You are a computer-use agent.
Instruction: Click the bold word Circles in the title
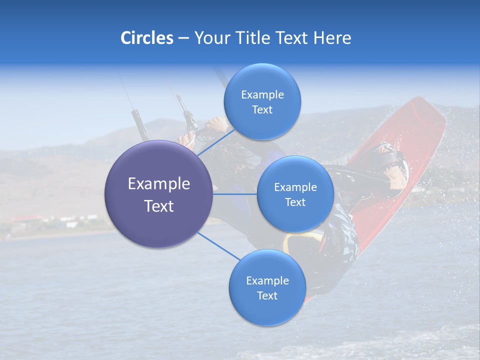[x=146, y=37]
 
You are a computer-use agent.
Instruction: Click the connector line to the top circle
[x=216, y=142]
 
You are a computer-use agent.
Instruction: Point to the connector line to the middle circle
[x=235, y=194]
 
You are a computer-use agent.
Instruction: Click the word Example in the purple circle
[x=159, y=183]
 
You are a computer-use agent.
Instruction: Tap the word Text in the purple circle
[x=159, y=205]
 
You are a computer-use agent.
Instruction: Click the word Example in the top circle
[x=262, y=94]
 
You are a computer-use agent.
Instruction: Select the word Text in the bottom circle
[x=267, y=295]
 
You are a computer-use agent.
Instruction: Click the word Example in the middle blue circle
[x=295, y=187]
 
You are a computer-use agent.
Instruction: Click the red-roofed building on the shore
[x=25, y=219]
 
